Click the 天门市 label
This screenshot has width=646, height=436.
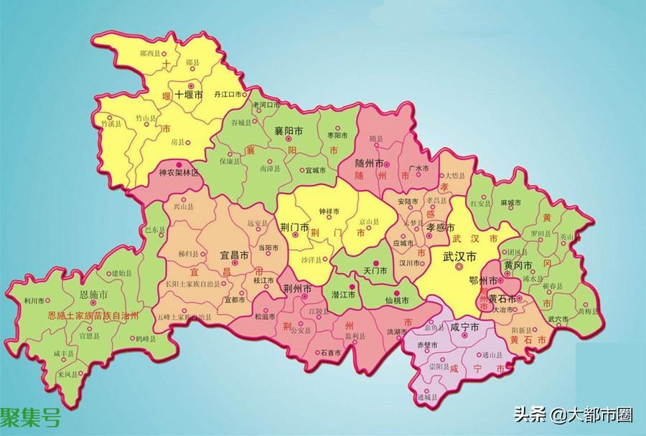(375, 271)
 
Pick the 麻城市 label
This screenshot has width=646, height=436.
(512, 203)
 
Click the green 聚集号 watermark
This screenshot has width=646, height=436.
(30, 417)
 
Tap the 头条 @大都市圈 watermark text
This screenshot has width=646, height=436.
(571, 414)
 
